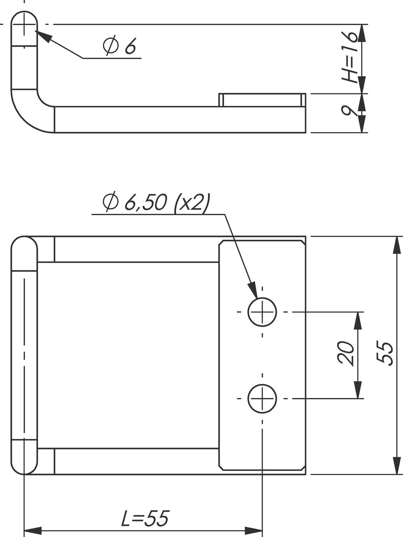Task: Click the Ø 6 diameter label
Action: pyautogui.click(x=119, y=46)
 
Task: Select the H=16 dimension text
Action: pyautogui.click(x=349, y=57)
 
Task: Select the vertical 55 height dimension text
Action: pyautogui.click(x=385, y=354)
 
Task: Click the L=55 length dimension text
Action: pyautogui.click(x=144, y=519)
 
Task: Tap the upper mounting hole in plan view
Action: pyautogui.click(x=262, y=312)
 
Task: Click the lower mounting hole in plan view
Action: pyautogui.click(x=262, y=398)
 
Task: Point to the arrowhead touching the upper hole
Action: pyautogui.click(x=253, y=290)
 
